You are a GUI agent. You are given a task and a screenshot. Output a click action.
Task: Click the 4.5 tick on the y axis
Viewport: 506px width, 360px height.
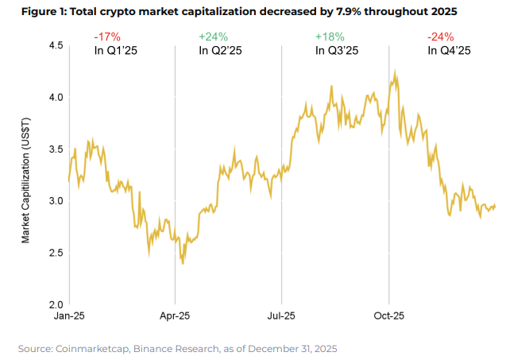coord(54,46)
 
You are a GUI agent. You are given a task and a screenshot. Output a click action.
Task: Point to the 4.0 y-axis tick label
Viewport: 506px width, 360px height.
coord(54,98)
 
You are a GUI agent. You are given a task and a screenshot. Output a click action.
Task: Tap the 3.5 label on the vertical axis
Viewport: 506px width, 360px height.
coord(54,149)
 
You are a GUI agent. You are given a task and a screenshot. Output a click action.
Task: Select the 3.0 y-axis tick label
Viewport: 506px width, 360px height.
coord(54,201)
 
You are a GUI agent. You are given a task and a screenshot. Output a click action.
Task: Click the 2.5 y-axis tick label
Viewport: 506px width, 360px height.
coord(54,253)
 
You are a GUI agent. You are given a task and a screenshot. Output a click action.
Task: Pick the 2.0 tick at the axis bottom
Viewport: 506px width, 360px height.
coord(54,304)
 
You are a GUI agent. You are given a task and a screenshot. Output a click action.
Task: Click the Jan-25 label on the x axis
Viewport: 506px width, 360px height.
coord(70,316)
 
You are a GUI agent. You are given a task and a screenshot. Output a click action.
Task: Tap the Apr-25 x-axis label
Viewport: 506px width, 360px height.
coord(176,316)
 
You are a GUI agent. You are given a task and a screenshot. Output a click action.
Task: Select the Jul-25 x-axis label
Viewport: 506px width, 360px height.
coord(282,316)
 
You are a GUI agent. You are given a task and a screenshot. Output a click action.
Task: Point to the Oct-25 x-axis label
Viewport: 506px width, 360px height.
coord(388,316)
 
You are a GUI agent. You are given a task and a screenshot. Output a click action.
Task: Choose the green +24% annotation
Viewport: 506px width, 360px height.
coord(212,37)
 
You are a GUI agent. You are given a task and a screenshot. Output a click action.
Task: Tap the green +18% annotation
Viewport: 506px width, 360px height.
coord(329,37)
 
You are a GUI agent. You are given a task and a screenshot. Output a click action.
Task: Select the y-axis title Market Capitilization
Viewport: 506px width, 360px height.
coord(26,181)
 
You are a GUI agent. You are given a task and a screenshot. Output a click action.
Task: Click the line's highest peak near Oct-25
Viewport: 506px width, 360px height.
coord(395,71)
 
